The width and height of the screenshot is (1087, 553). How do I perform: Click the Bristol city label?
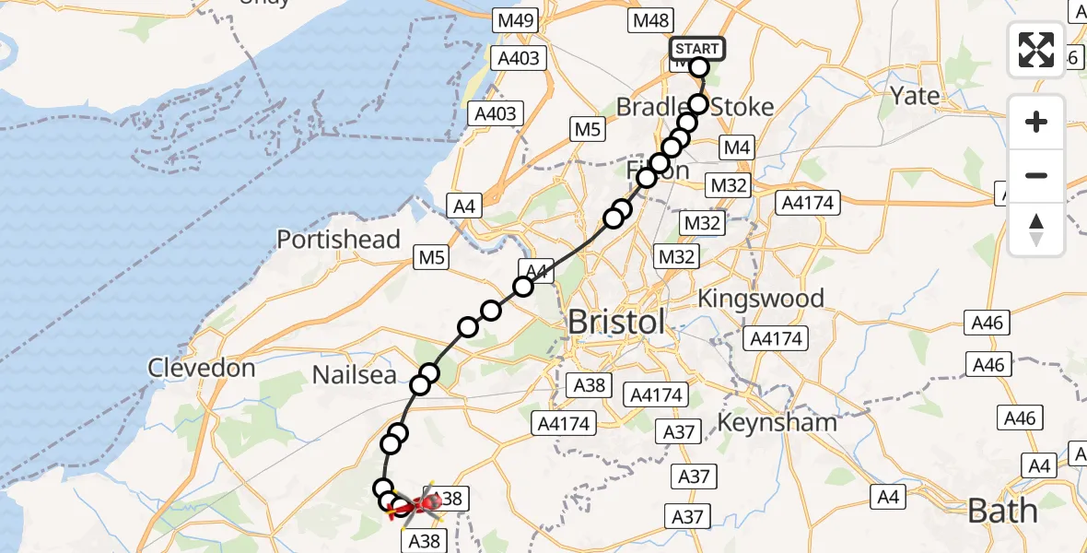616,323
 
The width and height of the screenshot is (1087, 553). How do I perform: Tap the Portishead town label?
339,240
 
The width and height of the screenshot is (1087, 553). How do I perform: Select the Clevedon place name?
202,369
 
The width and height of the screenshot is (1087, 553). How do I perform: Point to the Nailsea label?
354,375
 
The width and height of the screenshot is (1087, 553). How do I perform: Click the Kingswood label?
761,299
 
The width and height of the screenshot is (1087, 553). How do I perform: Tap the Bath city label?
1004,511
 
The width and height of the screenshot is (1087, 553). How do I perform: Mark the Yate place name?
916,96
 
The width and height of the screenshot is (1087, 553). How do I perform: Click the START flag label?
697,48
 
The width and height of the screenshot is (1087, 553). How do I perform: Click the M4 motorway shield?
737,147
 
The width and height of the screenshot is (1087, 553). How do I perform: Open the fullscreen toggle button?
1036,49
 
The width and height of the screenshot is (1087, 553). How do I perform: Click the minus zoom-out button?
1036,175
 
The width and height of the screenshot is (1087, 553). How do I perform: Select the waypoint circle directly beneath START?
699,67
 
